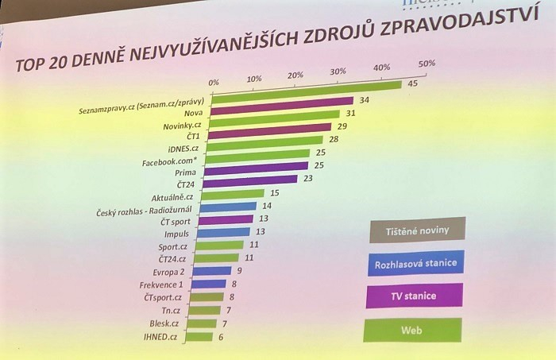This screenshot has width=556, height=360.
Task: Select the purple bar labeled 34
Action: [x=282, y=103]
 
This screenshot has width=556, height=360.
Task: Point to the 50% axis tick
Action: [x=427, y=64]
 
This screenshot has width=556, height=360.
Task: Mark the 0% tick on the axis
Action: [x=213, y=82]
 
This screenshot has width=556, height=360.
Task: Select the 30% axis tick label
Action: [x=338, y=72]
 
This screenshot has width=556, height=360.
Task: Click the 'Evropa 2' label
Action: [x=169, y=271]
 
